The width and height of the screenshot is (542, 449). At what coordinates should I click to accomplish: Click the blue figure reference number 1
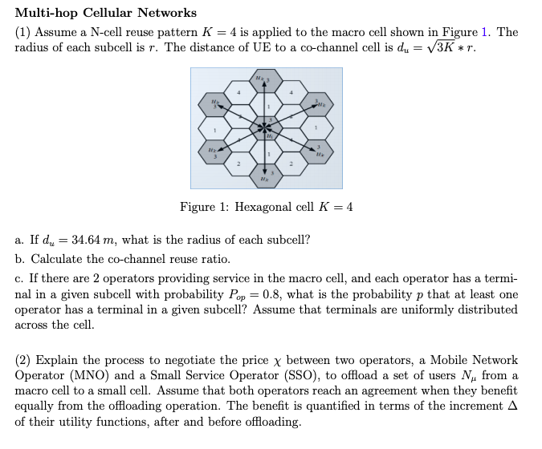(x=484, y=33)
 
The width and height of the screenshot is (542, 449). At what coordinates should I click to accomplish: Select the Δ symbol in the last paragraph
(x=512, y=407)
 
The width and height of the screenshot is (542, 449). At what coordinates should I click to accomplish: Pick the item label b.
(x=19, y=259)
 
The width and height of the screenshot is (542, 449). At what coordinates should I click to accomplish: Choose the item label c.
(x=19, y=278)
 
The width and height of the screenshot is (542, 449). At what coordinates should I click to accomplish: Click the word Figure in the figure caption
(x=198, y=207)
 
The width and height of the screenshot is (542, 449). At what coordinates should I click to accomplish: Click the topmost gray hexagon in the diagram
(x=266, y=80)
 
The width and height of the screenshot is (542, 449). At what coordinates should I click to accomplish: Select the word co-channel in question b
(x=124, y=259)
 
